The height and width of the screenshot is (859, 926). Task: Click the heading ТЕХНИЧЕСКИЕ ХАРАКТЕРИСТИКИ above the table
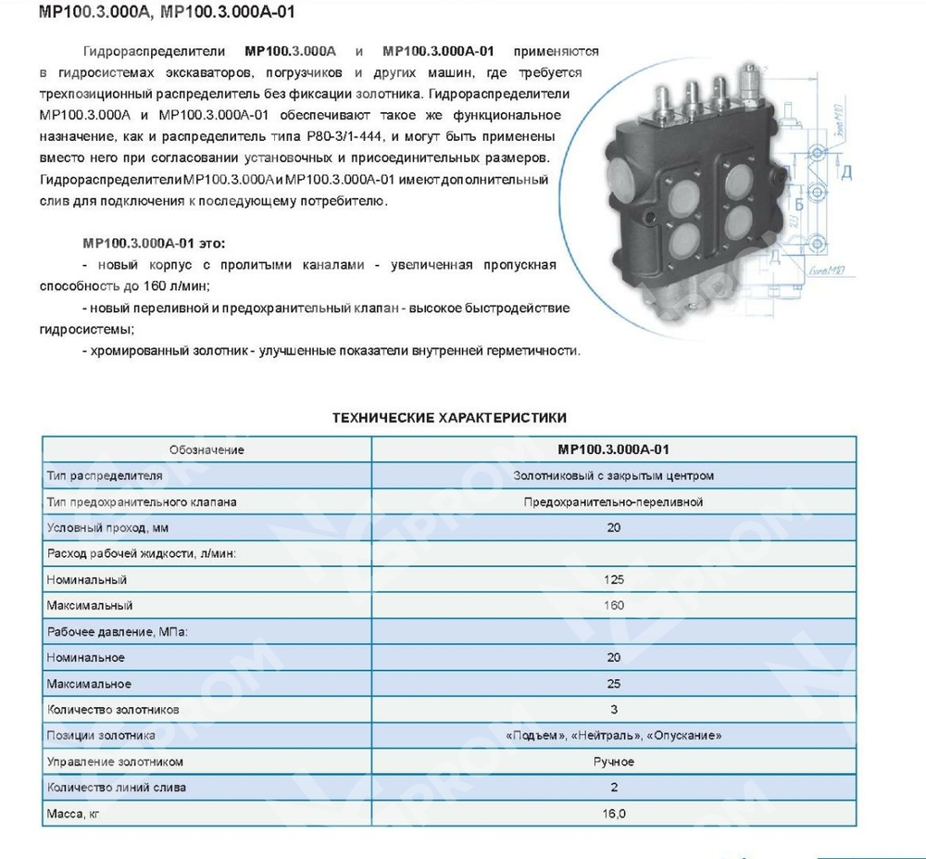click(449, 418)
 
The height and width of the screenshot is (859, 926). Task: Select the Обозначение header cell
click(206, 449)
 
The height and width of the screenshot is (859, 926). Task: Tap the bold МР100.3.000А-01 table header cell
click(613, 449)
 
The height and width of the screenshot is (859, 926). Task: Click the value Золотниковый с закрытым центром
click(613, 475)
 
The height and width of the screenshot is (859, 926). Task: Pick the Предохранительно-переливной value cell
click(613, 501)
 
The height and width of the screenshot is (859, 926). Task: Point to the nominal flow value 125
click(613, 579)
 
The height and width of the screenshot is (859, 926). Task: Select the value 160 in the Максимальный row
click(613, 605)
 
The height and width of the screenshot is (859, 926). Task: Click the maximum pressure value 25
click(613, 684)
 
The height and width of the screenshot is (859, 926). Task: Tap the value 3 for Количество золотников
click(613, 710)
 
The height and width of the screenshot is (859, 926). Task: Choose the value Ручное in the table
click(613, 762)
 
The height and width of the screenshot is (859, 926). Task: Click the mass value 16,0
click(613, 814)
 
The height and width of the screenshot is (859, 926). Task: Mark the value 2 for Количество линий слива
click(613, 788)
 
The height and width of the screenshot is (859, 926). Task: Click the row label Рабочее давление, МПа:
click(110, 631)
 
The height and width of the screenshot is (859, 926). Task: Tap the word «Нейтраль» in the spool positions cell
click(612, 736)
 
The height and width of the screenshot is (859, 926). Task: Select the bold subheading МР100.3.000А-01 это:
click(154, 244)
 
